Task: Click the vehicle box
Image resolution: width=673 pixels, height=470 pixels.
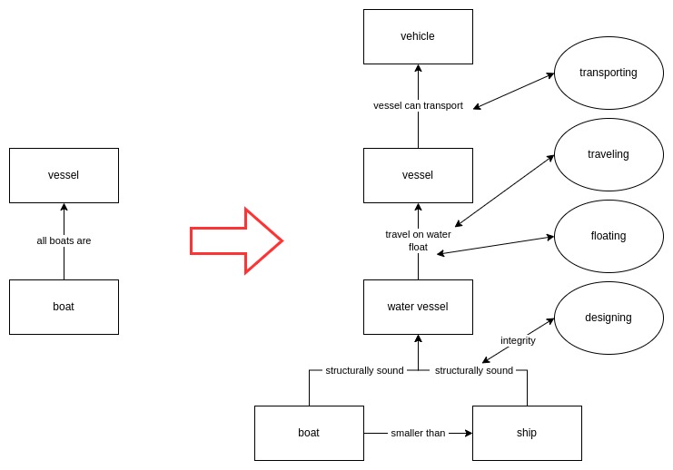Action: tap(418, 36)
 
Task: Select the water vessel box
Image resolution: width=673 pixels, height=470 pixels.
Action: tap(418, 307)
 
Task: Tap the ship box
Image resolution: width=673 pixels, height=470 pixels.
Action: tap(527, 433)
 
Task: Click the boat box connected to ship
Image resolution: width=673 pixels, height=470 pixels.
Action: tap(309, 433)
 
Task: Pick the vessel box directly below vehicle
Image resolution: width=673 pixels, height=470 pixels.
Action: tap(418, 175)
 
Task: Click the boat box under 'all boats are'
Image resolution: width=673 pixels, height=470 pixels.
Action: tap(64, 307)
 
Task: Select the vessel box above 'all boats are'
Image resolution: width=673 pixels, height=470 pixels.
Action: tap(64, 175)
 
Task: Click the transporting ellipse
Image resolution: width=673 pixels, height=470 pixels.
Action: tap(609, 73)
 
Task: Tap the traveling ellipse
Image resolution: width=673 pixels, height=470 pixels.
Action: tap(609, 154)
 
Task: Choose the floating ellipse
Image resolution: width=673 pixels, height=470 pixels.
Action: tap(609, 236)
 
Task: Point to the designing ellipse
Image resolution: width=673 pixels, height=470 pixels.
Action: tap(609, 318)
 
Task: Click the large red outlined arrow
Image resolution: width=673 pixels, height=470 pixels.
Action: tap(236, 240)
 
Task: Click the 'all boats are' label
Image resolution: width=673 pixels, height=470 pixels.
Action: tap(64, 241)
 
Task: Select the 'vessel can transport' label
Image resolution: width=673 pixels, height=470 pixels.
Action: tap(418, 105)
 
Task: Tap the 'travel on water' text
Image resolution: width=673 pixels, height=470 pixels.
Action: tap(418, 234)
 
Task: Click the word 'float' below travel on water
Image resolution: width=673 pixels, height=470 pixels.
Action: tap(418, 247)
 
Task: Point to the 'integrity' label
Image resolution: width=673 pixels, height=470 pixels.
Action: tap(518, 340)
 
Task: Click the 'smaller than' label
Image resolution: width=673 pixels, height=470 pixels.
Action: tap(418, 433)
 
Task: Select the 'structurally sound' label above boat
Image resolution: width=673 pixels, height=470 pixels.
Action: tap(364, 370)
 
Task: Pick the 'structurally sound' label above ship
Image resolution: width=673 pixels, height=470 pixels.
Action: tap(473, 370)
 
